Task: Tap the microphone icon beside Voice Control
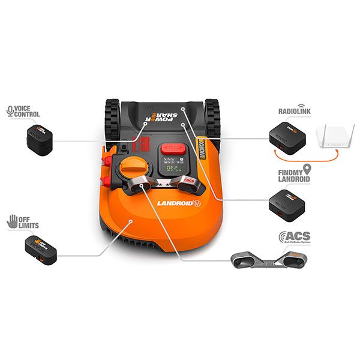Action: coord(10,111)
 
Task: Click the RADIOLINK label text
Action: coord(293,112)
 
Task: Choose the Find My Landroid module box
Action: coord(286,202)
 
